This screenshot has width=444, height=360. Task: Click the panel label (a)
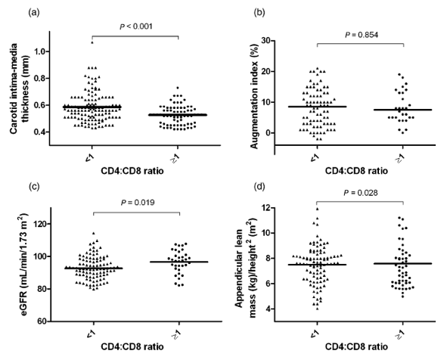tap(34, 13)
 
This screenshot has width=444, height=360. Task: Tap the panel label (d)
tap(259, 188)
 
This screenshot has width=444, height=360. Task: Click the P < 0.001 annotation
tap(136, 26)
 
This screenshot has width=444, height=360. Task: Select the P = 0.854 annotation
tap(362, 35)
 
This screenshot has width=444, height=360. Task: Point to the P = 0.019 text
tap(138, 203)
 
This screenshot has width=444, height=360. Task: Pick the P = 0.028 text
tap(361, 193)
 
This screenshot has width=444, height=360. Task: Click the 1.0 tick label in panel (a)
tap(40, 51)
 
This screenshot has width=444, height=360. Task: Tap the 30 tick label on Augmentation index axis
tap(265, 41)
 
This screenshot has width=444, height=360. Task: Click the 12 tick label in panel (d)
tap(265, 208)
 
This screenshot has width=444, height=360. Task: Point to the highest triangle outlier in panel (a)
tap(92, 42)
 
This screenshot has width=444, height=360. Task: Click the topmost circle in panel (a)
tap(178, 88)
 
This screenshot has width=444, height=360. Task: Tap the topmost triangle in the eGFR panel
tap(94, 234)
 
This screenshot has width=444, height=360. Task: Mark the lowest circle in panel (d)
tap(402, 296)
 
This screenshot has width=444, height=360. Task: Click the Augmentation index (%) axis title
tap(255, 96)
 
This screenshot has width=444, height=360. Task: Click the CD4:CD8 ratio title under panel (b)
tap(356, 171)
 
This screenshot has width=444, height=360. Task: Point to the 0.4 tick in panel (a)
tap(40, 132)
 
